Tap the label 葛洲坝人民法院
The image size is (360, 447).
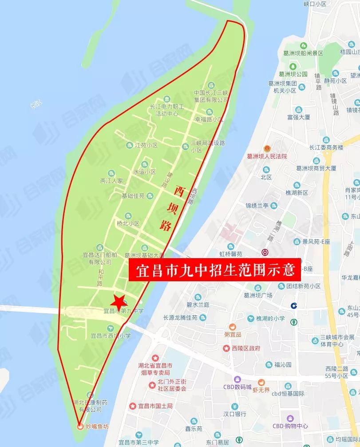[x=267, y=156]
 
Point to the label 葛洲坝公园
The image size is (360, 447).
[x=290, y=74]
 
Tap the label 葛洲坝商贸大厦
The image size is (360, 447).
[x=316, y=168]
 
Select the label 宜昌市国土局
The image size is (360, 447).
[x=154, y=406]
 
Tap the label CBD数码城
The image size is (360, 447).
[x=237, y=387]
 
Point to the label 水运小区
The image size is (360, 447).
[x=144, y=172]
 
